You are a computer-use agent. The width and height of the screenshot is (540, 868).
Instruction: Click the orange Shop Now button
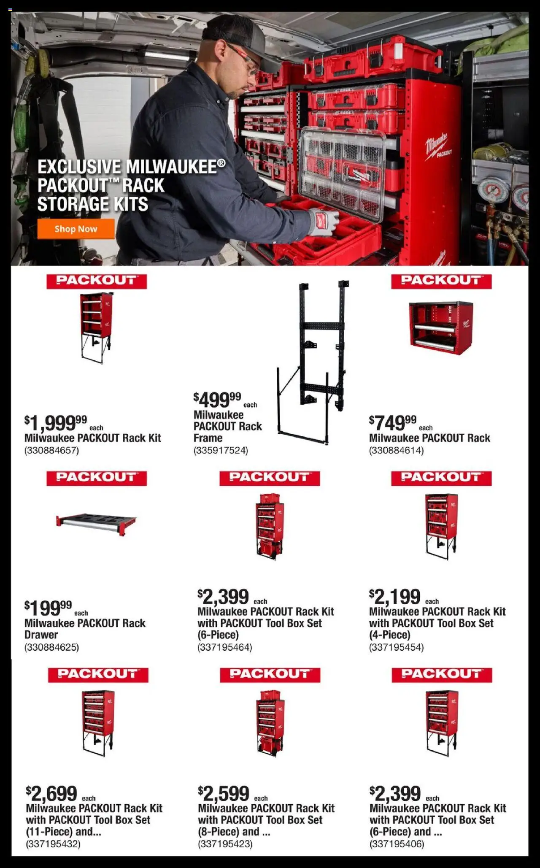[x=76, y=229]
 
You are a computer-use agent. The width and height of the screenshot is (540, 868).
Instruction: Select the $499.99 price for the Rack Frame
[x=217, y=399]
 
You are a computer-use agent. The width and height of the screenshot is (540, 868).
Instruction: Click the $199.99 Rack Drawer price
[x=48, y=608]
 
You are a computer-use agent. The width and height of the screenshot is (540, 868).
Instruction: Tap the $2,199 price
[x=395, y=597]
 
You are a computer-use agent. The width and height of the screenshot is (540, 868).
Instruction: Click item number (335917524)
[x=221, y=450]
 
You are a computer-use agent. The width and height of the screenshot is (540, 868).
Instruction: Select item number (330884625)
[x=51, y=647]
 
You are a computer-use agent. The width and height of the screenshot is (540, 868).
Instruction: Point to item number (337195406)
[x=397, y=844]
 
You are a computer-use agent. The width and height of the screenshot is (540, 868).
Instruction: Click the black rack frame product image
[x=313, y=362]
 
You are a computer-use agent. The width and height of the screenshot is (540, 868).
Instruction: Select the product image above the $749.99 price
[x=441, y=328]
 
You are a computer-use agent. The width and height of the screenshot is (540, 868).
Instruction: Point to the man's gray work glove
[x=324, y=222]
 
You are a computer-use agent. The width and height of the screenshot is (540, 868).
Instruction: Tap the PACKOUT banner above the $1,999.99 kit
[x=97, y=281]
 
